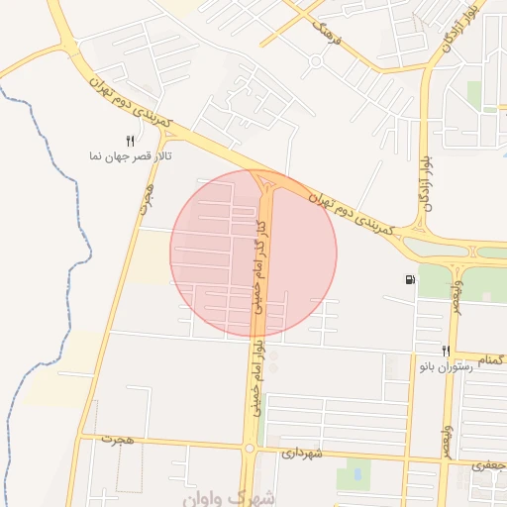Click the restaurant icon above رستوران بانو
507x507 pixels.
446,351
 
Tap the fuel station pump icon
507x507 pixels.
410,279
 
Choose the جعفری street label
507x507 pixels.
490,463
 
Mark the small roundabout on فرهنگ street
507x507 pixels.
315,61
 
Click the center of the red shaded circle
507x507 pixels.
253,253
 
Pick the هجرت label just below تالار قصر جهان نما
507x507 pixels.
149,198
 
